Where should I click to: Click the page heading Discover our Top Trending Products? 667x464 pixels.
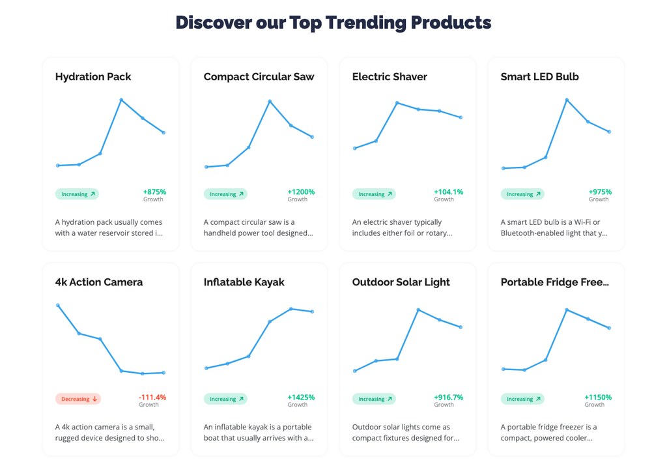[333, 23]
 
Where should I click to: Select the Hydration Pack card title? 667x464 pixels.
[93, 77]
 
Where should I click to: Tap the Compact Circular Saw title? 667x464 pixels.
[259, 77]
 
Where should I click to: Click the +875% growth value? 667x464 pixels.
[154, 192]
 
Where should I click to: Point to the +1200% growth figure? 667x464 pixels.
[301, 192]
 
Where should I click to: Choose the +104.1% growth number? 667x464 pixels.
[448, 192]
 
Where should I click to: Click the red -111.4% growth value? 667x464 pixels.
[152, 398]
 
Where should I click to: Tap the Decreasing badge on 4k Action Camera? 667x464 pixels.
[78, 399]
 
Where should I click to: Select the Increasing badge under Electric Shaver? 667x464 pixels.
[374, 194]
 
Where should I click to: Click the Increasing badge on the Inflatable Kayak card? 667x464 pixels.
[225, 399]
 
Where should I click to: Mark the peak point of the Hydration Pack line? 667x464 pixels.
[121, 100]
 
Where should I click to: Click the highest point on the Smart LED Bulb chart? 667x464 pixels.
[567, 100]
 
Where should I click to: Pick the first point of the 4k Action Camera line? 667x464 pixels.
[58, 305]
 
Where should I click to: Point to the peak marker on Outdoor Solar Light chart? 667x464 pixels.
[418, 310]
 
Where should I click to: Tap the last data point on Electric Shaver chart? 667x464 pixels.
[461, 117]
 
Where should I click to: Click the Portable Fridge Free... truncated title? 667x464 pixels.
[555, 282]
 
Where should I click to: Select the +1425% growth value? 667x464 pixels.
[301, 398]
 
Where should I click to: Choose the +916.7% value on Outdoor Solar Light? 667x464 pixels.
[448, 398]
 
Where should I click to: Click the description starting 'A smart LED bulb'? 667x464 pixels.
[554, 227]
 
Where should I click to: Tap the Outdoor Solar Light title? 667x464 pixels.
[401, 283]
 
